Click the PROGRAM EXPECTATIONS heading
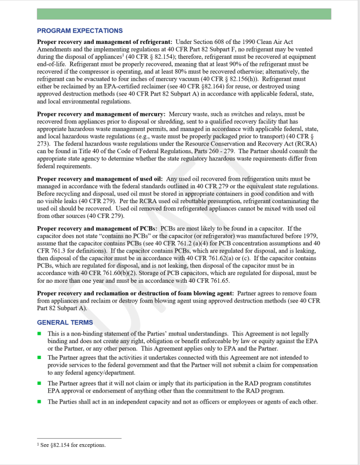click(80, 31)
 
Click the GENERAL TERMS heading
click(65, 322)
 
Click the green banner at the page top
click(183, 14)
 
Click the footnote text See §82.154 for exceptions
click(72, 445)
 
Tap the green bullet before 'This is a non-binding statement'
click(39, 333)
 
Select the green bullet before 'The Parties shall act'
click(39, 401)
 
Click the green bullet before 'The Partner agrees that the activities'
click(39, 357)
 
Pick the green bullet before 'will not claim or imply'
click(39, 383)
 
